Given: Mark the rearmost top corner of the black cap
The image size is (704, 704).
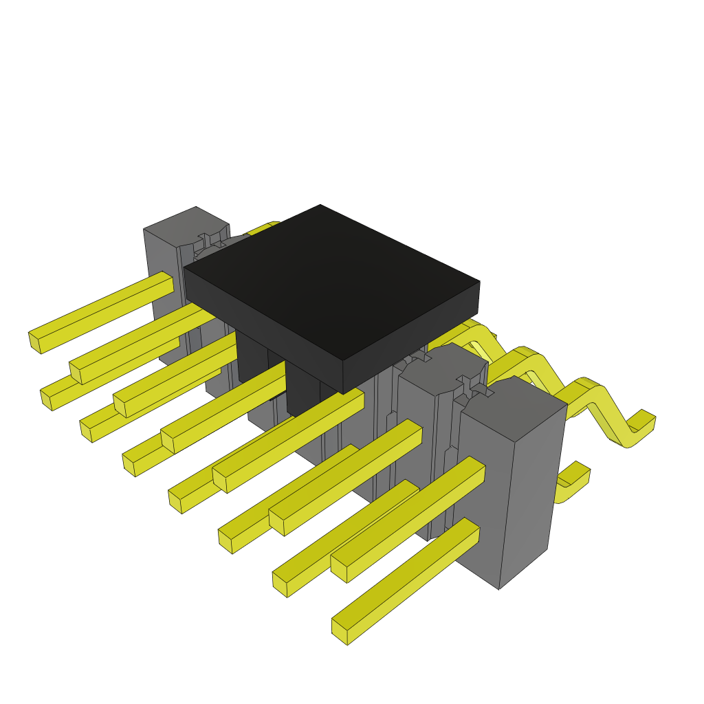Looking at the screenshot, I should point(320,205).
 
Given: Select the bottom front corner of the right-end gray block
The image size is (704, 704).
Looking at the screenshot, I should point(499,588).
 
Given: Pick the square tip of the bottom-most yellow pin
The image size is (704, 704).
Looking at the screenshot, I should point(340,632).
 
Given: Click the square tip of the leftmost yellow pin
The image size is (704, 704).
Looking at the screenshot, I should point(34,342).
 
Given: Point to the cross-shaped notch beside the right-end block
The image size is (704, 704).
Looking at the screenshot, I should point(474,386).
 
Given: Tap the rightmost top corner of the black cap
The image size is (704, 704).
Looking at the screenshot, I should point(479,281).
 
